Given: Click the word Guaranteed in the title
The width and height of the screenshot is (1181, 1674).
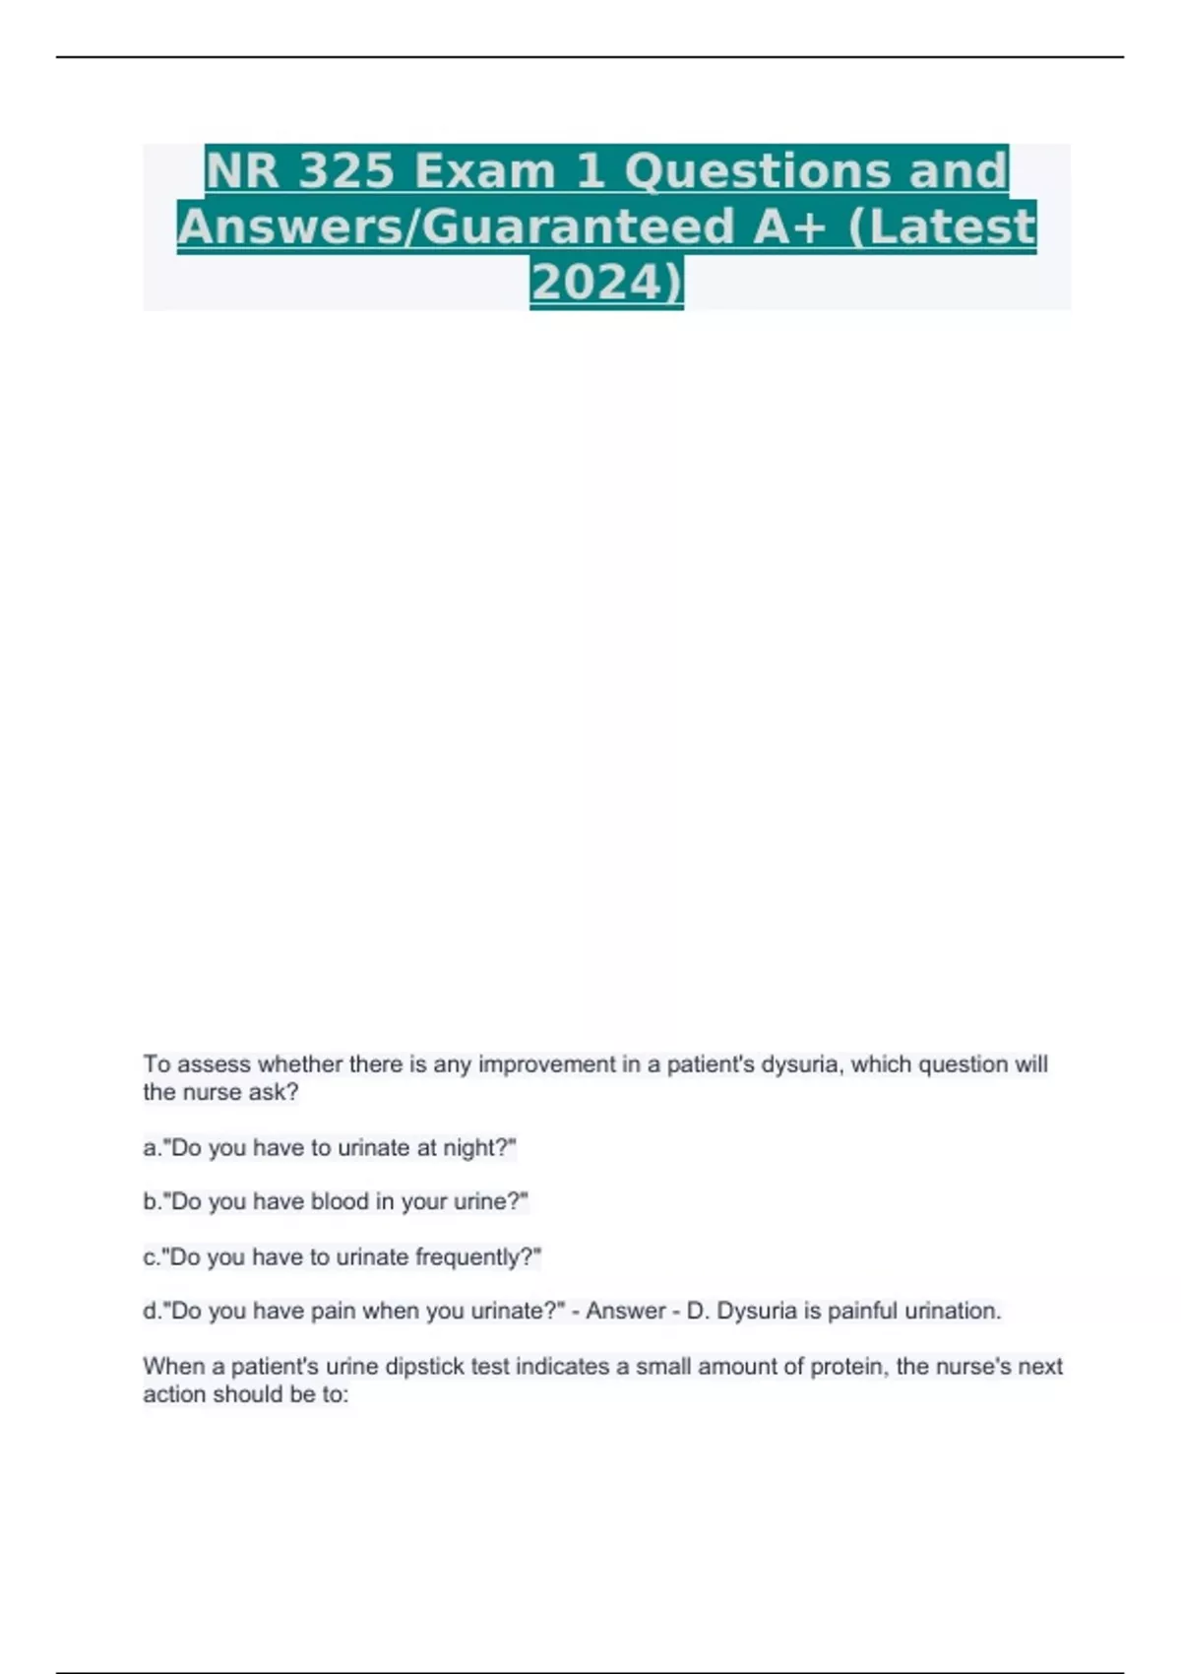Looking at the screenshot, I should click(581, 226).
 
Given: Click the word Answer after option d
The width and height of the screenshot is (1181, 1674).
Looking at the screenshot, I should click(626, 1312).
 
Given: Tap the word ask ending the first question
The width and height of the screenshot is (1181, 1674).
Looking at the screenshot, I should click(276, 1092).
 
